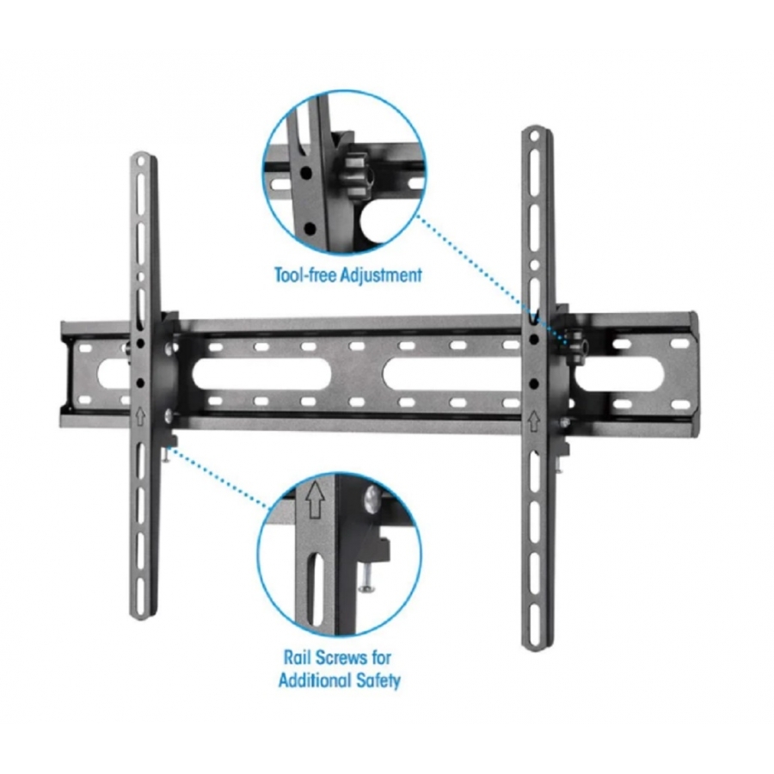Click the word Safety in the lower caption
pos(378,680)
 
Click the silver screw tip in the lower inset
pos(366,585)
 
